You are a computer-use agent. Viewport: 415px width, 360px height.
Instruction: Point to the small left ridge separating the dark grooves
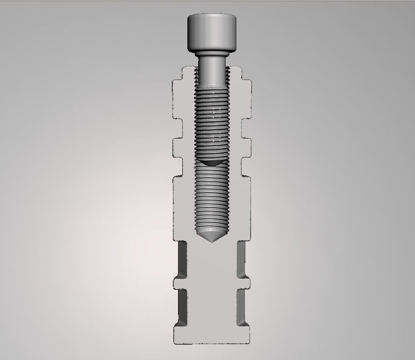[179, 283]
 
